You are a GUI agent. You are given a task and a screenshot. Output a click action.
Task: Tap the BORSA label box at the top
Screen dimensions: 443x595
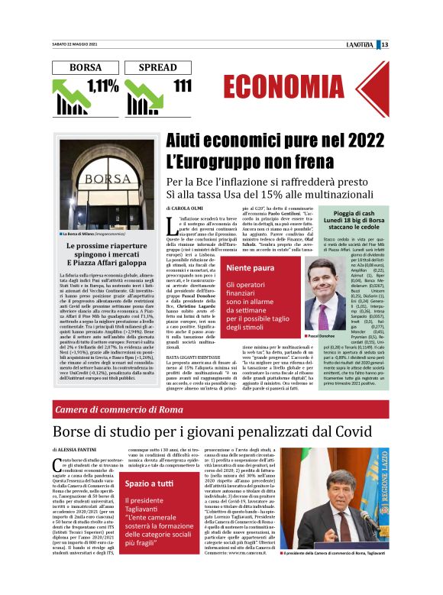coord(86,67)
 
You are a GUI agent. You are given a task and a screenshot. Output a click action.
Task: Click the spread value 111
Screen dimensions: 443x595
coord(183,86)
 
